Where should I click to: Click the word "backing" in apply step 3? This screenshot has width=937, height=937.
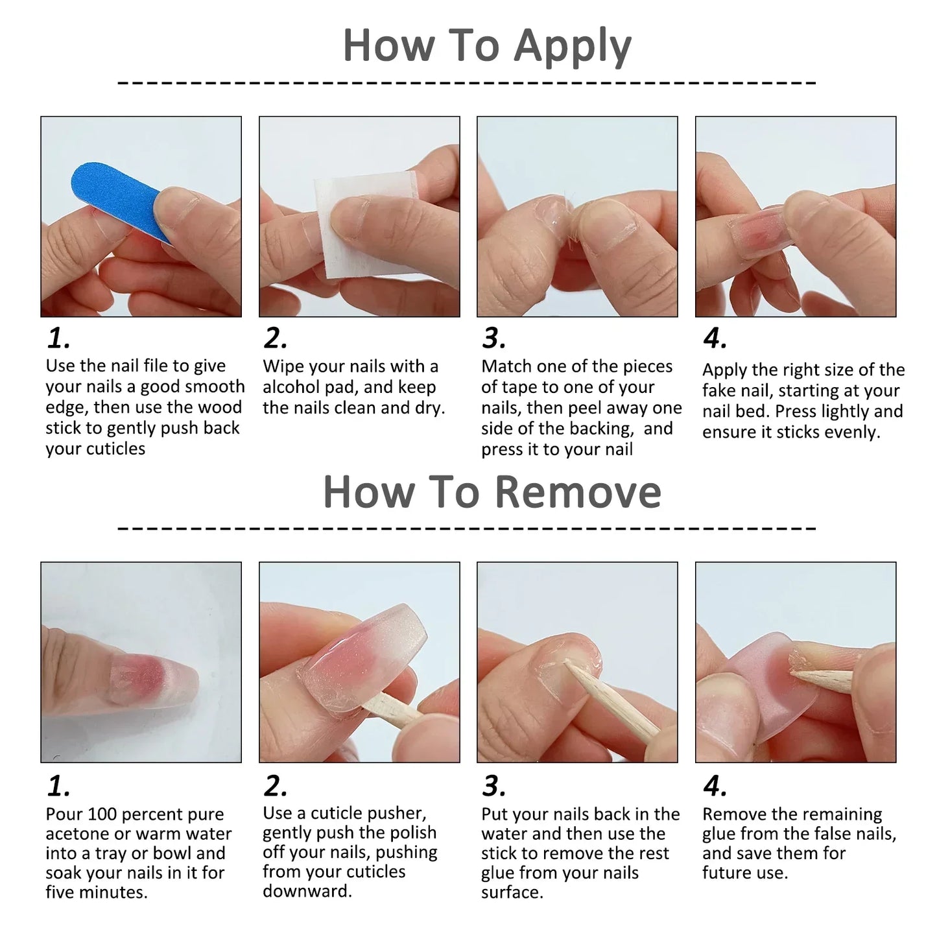(x=600, y=429)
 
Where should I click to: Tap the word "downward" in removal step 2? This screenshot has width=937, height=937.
(x=305, y=892)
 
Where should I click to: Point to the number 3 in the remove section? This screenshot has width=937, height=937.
(x=493, y=787)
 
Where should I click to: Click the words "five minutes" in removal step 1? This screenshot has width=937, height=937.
(x=95, y=893)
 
